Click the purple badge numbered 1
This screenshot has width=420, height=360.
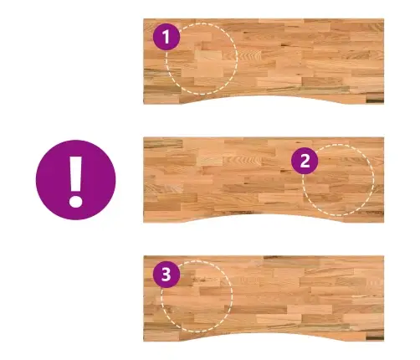click(166, 37)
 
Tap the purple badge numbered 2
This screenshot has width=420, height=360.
click(305, 161)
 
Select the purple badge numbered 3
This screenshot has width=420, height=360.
click(166, 275)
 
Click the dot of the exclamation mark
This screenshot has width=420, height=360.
click(75, 201)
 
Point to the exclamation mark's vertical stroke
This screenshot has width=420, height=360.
click(75, 173)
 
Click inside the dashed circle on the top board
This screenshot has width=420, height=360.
click(202, 59)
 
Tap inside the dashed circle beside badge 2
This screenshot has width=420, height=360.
click(338, 180)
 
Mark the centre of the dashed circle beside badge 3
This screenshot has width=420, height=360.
click(197, 296)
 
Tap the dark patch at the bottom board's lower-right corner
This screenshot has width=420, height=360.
click(375, 337)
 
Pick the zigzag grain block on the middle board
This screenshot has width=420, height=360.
click(243, 161)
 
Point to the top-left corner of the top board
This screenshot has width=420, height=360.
click(144, 19)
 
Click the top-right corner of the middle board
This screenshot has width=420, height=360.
click(384, 137)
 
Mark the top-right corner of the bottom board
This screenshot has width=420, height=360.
click(384, 256)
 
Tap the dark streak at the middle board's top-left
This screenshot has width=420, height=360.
click(163, 143)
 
